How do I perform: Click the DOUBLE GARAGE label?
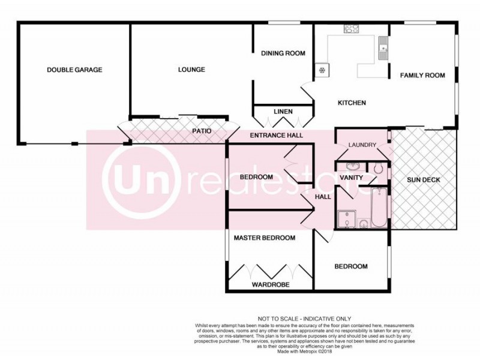click(x=74, y=70)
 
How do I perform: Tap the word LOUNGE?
click(x=191, y=70)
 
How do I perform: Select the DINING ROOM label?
click(x=283, y=53)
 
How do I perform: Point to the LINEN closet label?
click(x=283, y=112)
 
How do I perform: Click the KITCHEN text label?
click(x=352, y=103)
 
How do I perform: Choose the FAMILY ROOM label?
click(x=422, y=76)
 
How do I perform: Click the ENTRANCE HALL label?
click(x=276, y=136)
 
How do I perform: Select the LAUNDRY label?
click(x=362, y=145)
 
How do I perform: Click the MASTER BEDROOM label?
click(x=265, y=238)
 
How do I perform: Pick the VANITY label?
click(x=350, y=178)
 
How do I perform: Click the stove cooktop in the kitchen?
click(x=351, y=28)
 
